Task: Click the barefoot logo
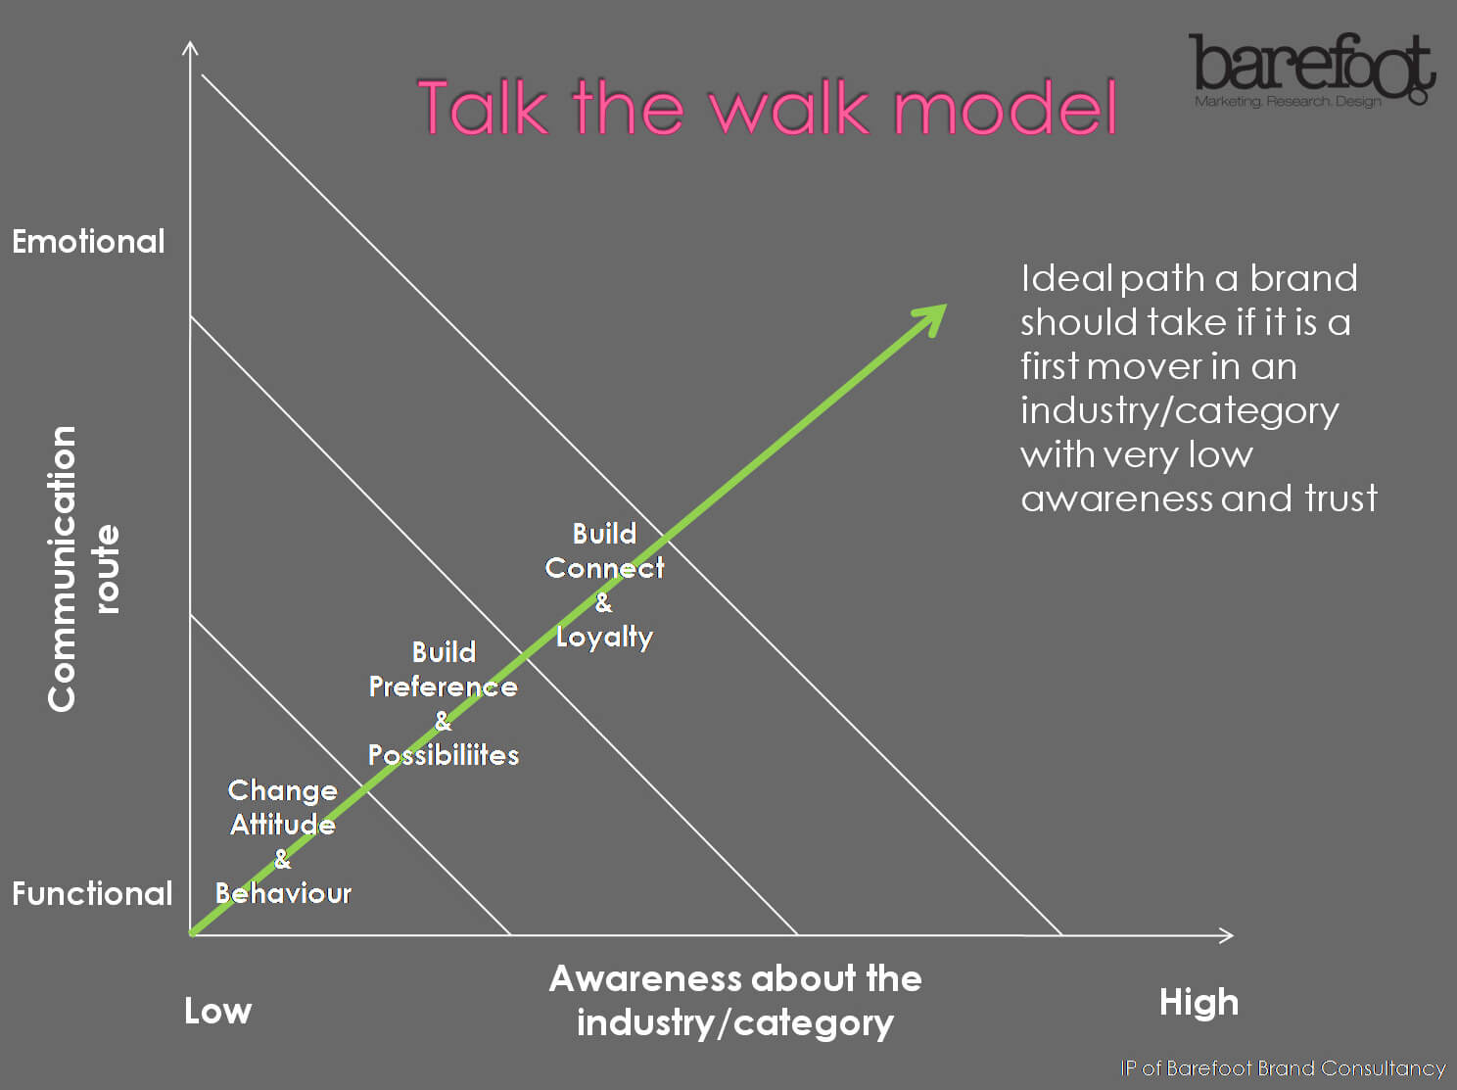(x=1312, y=70)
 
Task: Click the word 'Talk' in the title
(x=484, y=107)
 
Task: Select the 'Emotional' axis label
(x=88, y=241)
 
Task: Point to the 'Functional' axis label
(x=92, y=893)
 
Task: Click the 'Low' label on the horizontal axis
(x=217, y=1011)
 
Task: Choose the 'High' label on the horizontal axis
(x=1198, y=1003)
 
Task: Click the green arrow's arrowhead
(x=931, y=318)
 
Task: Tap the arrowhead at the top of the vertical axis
(x=191, y=48)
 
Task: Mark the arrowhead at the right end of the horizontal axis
(x=1227, y=935)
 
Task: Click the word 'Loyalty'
(x=605, y=638)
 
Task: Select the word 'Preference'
(x=443, y=687)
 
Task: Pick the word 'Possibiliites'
(x=444, y=755)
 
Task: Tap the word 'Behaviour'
(x=283, y=893)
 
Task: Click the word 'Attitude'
(x=283, y=826)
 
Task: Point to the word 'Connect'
(x=604, y=568)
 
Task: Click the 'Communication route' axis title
(x=82, y=569)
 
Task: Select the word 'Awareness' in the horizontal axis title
(x=645, y=978)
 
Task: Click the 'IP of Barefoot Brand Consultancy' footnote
(x=1283, y=1068)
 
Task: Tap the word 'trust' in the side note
(x=1340, y=498)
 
